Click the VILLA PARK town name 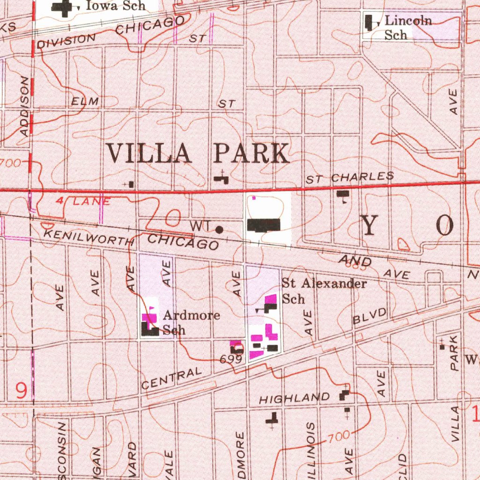197,154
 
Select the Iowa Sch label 115,6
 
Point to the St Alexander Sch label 323,291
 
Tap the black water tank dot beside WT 219,229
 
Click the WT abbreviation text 200,226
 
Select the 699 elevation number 231,360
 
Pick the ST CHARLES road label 350,178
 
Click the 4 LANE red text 83,202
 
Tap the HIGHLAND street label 294,399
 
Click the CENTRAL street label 172,379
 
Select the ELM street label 85,101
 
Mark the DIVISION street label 66,41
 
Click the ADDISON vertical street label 25,107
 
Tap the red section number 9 21,390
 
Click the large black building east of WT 263,225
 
